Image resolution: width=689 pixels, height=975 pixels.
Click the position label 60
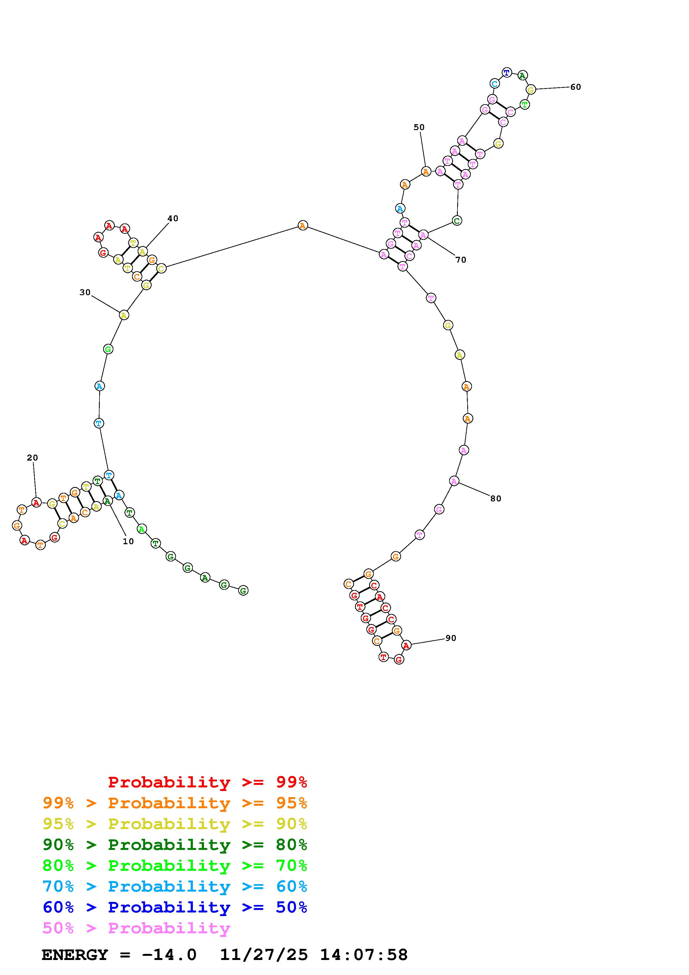(575, 87)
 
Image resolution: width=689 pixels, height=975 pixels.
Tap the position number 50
(419, 127)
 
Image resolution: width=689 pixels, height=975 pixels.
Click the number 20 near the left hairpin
(32, 458)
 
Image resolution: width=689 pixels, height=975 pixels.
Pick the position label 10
(128, 541)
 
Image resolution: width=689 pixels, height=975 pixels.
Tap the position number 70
(461, 260)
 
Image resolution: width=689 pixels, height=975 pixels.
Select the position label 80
(496, 499)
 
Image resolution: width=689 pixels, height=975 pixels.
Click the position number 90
(451, 638)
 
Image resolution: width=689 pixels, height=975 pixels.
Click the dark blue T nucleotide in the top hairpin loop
(506, 73)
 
